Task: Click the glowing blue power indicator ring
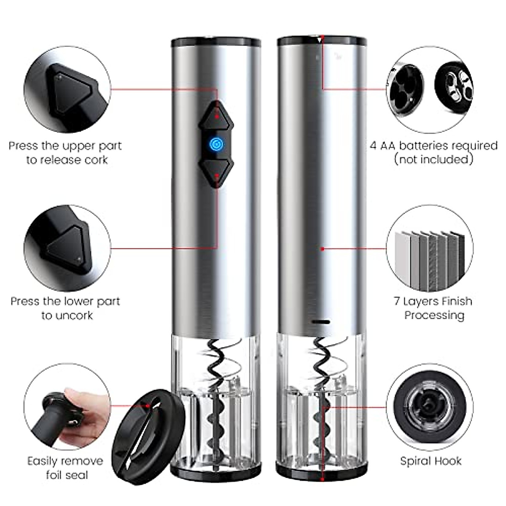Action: [x=216, y=144]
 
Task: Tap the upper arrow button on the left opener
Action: [x=216, y=116]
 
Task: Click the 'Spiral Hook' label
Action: [x=431, y=461]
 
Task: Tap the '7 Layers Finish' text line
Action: [x=433, y=301]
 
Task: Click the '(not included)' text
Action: [x=433, y=159]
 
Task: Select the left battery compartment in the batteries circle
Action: [x=405, y=89]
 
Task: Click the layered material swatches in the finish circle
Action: [x=430, y=261]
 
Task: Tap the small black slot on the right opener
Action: [x=321, y=322]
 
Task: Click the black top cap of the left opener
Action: [x=216, y=42]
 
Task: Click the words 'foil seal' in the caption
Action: [x=67, y=475]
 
